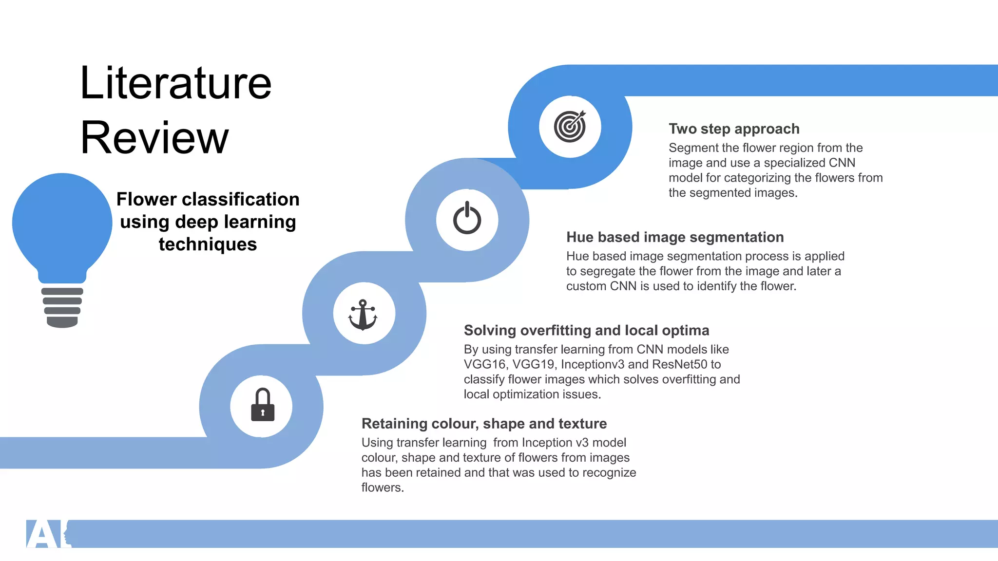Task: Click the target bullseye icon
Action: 570,126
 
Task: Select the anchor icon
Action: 363,315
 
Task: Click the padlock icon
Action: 263,405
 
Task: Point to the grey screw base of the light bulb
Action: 62,307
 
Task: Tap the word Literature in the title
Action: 175,83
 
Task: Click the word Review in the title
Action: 154,138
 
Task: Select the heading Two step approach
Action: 734,129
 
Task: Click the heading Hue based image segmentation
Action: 675,237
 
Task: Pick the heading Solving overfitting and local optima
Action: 586,331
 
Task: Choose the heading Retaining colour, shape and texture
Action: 484,424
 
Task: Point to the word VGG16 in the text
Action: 484,365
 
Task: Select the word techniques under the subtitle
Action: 208,244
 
